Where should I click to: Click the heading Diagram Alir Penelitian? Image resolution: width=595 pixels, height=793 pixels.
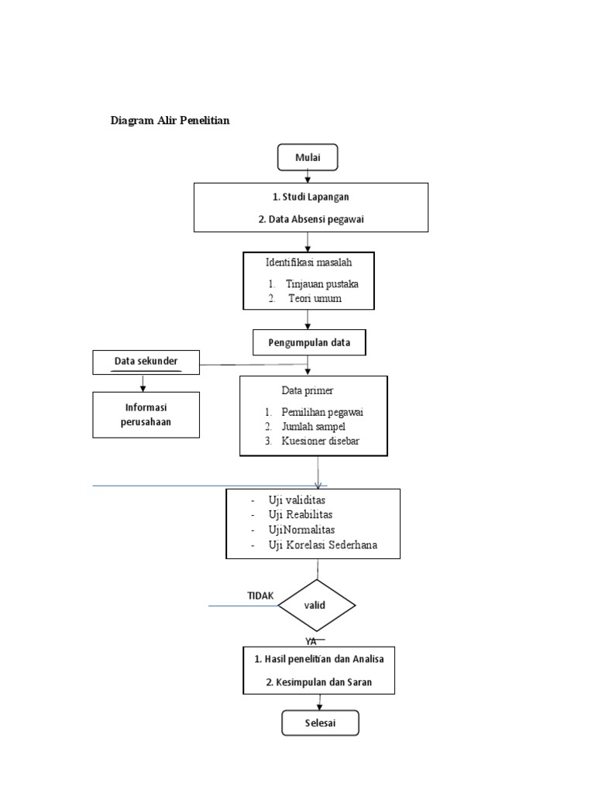[170, 121]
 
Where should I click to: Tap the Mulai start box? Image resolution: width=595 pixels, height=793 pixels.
[308, 157]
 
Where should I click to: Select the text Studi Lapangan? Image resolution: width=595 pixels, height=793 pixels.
[310, 197]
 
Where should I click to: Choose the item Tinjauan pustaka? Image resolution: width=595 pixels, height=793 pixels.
[322, 283]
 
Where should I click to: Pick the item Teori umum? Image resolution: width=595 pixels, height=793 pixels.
[315, 298]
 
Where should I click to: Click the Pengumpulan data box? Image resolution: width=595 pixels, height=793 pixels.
[309, 342]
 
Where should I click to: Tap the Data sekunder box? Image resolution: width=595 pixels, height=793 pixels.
[146, 361]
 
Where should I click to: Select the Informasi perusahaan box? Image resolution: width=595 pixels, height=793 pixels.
[146, 414]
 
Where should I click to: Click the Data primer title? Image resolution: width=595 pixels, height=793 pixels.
[308, 390]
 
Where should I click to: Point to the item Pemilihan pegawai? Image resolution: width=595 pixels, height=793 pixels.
[323, 412]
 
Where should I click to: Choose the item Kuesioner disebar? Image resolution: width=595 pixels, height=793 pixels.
[320, 441]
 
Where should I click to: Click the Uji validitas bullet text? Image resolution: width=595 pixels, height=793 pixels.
[297, 500]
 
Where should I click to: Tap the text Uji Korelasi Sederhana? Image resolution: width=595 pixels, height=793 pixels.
[322, 545]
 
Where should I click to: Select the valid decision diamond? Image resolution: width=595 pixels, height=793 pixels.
[316, 605]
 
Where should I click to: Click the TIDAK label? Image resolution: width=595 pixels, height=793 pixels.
[260, 595]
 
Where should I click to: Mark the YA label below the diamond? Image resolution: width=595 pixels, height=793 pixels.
[311, 641]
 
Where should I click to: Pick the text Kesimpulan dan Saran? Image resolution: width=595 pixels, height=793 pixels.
[318, 684]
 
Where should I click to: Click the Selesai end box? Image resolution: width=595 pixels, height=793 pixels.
[320, 723]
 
